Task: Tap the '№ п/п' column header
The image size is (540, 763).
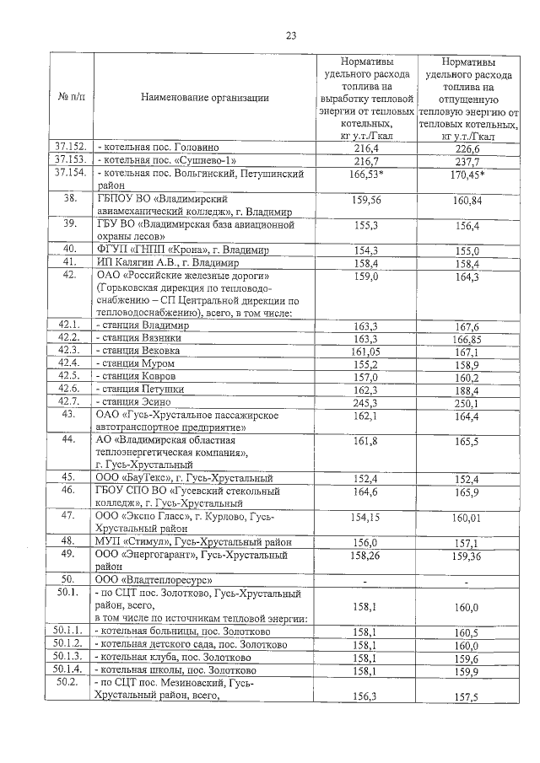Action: coord(71,98)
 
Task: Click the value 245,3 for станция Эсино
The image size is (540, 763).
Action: coord(367,402)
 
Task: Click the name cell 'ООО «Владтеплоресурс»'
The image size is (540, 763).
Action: coord(152,580)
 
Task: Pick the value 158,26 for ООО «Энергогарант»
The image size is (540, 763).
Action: coord(367,556)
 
